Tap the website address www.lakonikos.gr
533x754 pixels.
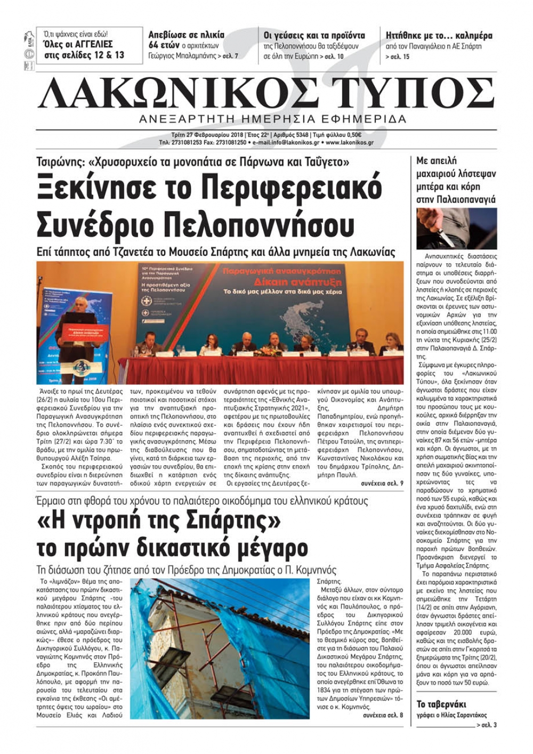point(349,143)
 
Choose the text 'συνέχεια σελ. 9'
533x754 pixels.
point(382,483)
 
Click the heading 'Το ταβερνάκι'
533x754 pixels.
point(441,704)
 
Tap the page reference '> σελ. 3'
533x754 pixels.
point(487,725)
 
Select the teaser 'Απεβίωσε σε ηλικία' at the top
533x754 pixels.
point(186,35)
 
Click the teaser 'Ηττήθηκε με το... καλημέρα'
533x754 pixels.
point(439,36)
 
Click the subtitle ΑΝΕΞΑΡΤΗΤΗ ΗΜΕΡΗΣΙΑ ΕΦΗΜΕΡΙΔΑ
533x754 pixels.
point(272,118)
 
